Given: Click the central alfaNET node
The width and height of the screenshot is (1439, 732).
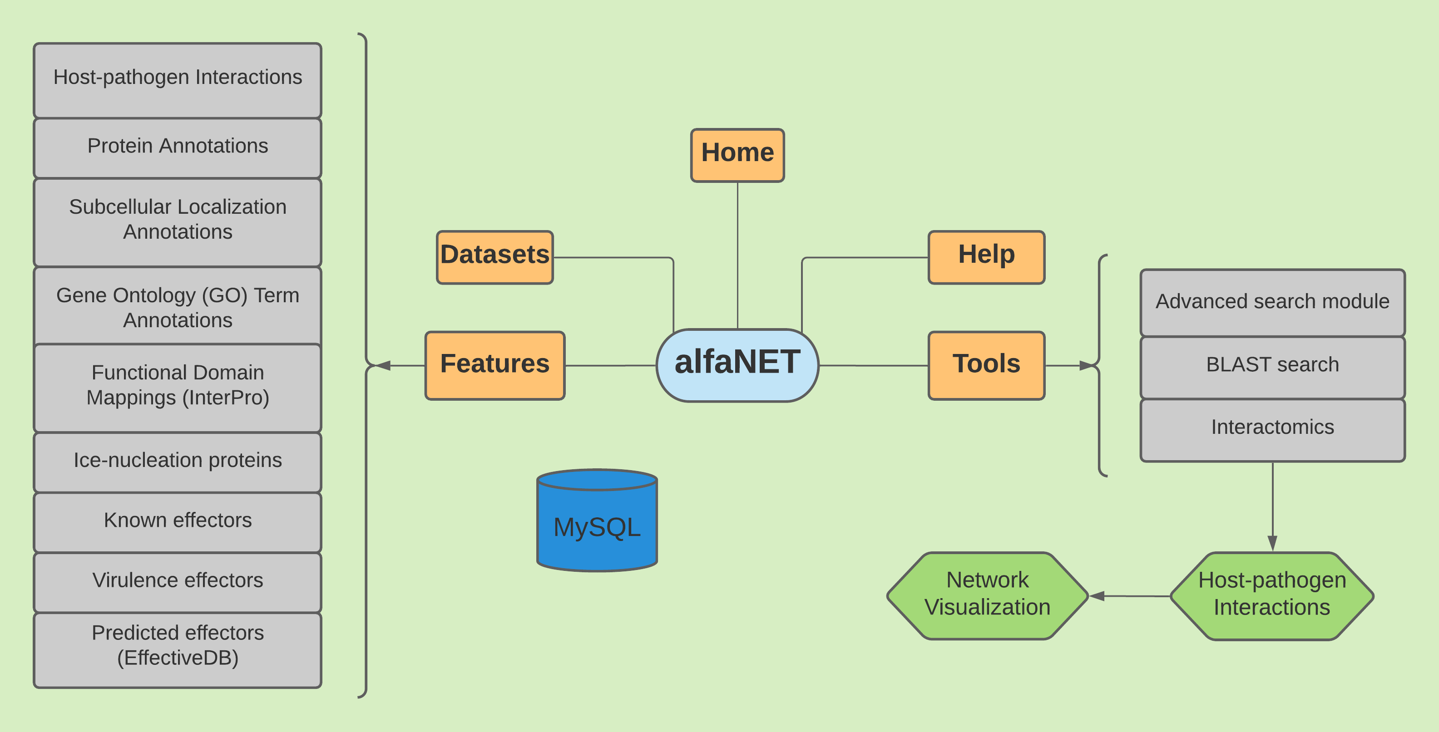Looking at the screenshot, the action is pyautogui.click(x=737, y=365).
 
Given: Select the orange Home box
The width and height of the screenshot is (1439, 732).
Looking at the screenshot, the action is pyautogui.click(x=737, y=155).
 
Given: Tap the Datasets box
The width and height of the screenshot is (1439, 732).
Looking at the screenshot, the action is pyautogui.click(x=495, y=257).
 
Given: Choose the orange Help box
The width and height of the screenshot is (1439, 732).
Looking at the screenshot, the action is pyautogui.click(x=987, y=257).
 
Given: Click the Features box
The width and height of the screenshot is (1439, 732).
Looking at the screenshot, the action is pyautogui.click(x=495, y=366).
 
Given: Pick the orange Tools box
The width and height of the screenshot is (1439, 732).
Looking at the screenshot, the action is pyautogui.click(x=987, y=366).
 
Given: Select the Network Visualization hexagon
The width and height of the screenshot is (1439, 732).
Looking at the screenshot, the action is pyautogui.click(x=988, y=596).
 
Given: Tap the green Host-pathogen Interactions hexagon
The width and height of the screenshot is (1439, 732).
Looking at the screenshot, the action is pyautogui.click(x=1272, y=596).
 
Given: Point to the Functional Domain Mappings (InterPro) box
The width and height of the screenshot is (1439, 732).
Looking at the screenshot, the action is pyautogui.click(x=178, y=388).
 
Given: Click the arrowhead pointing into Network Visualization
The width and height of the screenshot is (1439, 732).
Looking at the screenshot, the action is pyautogui.click(x=1097, y=596).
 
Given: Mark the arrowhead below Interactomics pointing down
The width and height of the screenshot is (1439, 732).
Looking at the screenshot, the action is pyautogui.click(x=1272, y=543).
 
